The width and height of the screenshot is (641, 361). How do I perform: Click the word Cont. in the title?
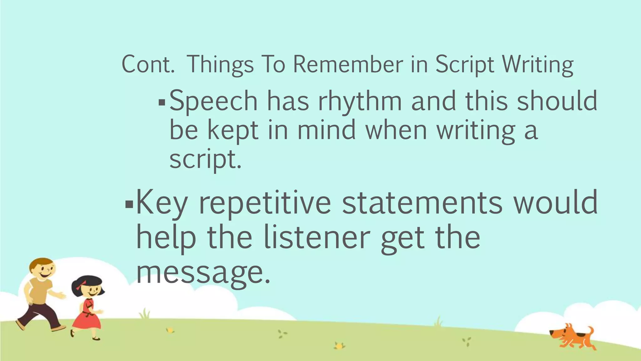148,65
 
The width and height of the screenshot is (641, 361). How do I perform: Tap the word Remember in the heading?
348,65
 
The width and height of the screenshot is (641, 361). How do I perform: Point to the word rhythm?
360,101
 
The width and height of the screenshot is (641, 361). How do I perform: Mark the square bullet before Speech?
162,102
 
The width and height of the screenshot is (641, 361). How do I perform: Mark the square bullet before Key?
128,205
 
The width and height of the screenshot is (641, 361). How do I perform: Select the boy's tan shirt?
40,291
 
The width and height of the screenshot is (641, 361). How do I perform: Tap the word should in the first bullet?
557,101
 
